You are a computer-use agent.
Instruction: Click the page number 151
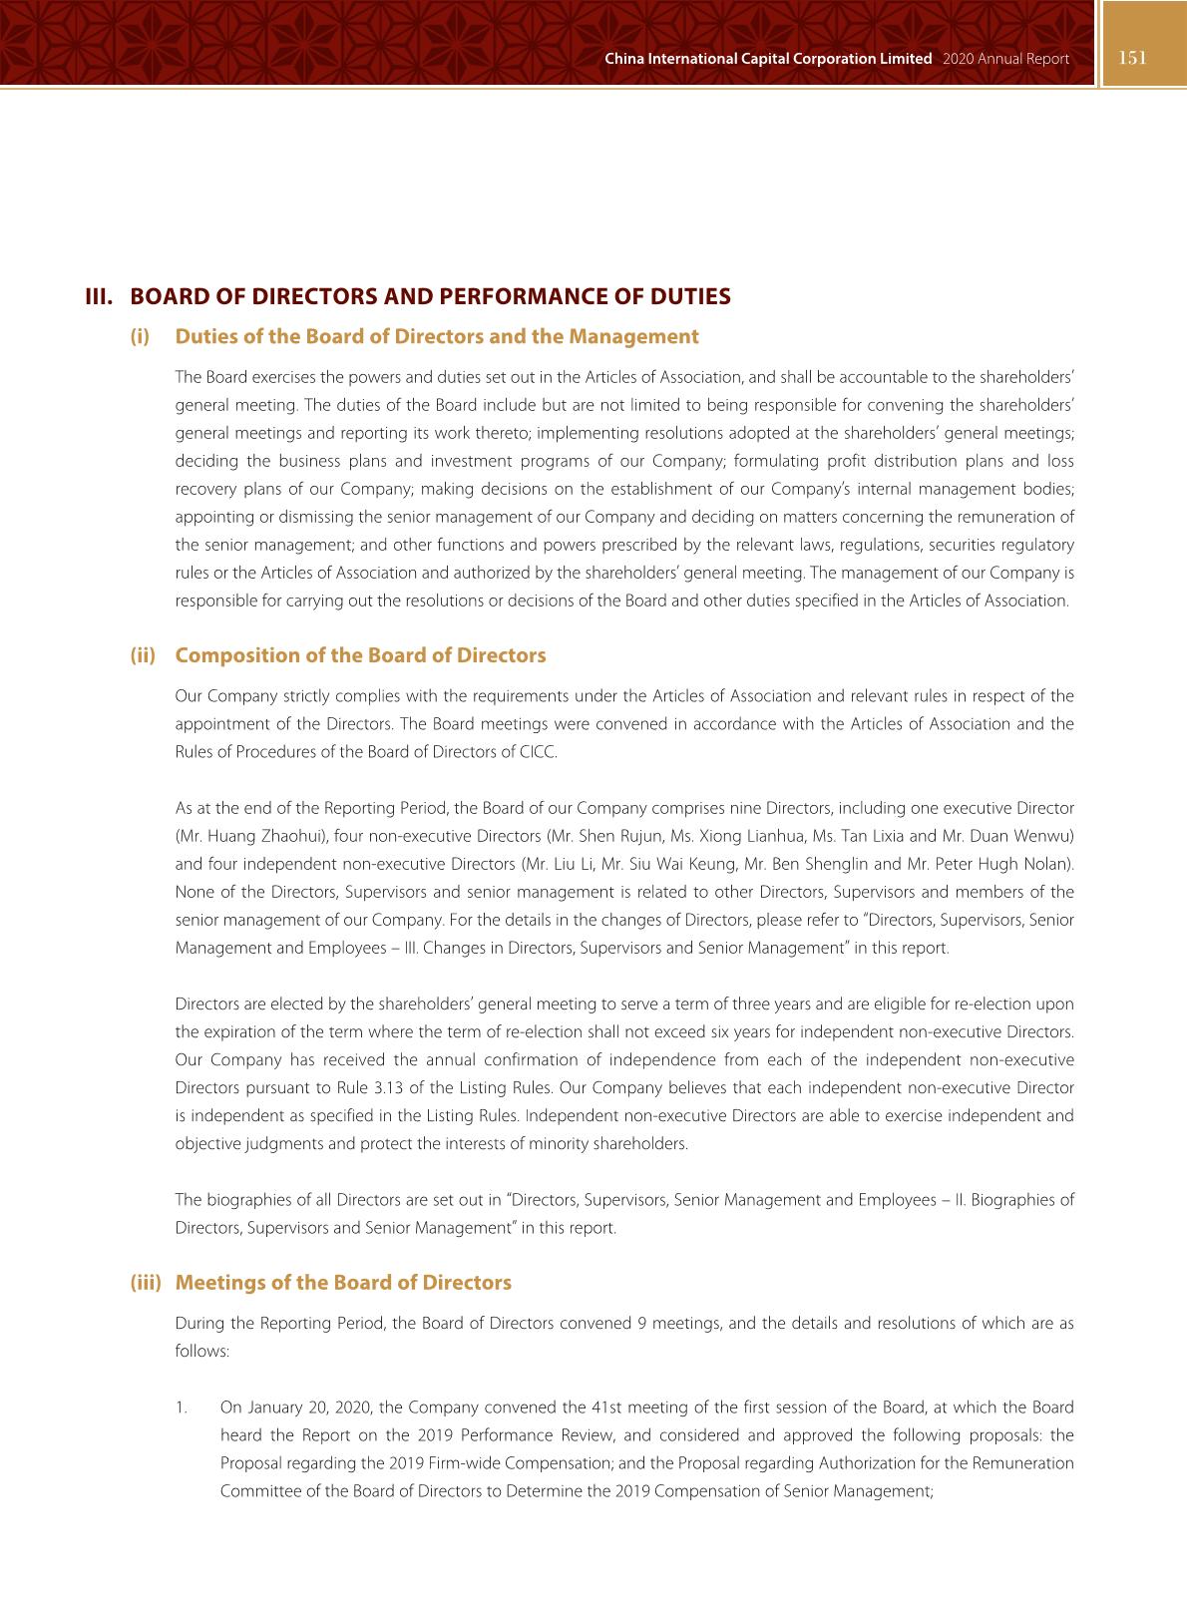coord(1132,58)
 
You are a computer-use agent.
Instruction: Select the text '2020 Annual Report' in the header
coord(1004,59)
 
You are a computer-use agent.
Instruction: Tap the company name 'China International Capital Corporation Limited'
coord(768,59)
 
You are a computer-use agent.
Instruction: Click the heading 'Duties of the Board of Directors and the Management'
coord(437,336)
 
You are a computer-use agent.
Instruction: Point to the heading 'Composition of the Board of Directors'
coord(360,655)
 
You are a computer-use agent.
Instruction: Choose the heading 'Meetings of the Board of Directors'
coord(343,1283)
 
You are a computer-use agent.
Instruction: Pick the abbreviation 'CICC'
coord(538,752)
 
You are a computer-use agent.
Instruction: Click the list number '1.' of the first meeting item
coord(181,1408)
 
